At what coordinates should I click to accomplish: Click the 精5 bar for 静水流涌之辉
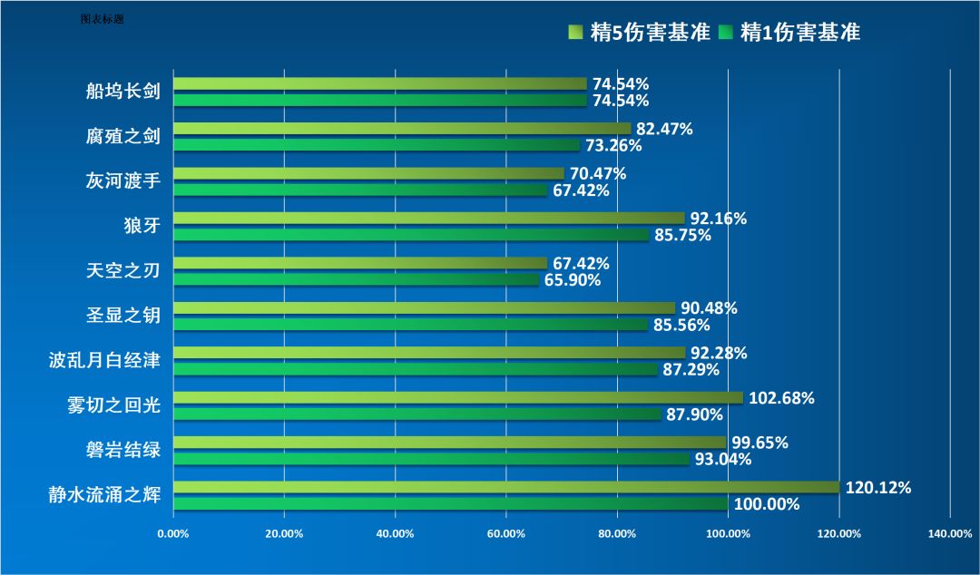506,487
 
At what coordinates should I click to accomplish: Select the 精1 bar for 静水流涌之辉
450,503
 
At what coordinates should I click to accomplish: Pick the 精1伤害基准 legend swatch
726,33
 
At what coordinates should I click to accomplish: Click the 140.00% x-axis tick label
950,533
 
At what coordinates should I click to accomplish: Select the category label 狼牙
142,226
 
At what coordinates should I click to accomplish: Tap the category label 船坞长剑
123,92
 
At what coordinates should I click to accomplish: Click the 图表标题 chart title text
102,18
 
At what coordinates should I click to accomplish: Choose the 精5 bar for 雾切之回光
458,397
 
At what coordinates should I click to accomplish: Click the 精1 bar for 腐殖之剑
377,145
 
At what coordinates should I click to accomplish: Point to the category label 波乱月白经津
104,361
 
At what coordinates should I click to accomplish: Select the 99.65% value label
760,443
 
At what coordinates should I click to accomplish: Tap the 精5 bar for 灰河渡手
368,173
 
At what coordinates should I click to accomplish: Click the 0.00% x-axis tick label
173,533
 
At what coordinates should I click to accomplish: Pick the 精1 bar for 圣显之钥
410,325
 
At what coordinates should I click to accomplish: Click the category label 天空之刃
123,271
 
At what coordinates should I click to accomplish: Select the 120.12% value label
878,487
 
